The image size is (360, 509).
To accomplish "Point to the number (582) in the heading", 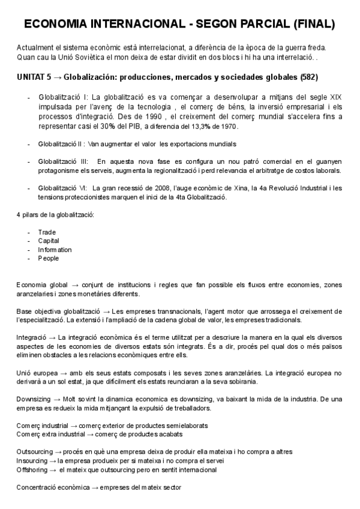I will [x=308, y=77].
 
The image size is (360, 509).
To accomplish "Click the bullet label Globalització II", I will [x=62, y=144].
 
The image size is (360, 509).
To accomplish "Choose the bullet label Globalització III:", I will [x=64, y=162].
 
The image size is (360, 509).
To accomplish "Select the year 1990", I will [x=150, y=118].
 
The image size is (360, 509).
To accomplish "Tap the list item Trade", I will [x=47, y=232].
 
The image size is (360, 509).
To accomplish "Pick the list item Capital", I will [x=49, y=241].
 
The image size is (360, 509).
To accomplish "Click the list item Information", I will [x=55, y=250].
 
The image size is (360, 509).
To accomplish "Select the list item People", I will [x=48, y=258].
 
